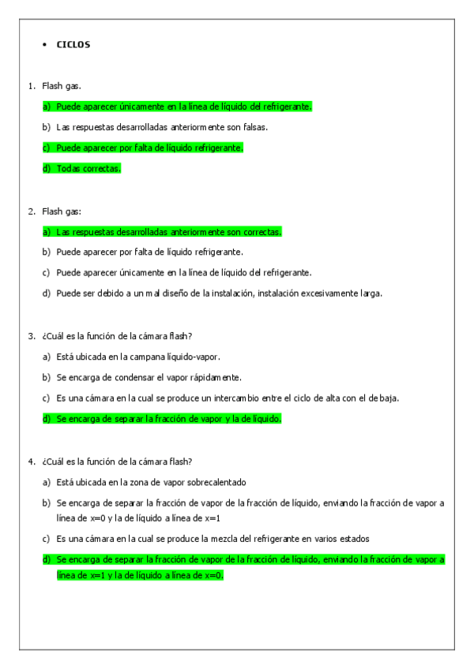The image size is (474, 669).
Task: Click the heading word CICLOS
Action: [73, 44]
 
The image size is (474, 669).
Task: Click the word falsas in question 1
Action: [254, 126]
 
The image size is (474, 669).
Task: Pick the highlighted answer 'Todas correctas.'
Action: [88, 168]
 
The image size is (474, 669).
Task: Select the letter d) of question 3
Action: [47, 418]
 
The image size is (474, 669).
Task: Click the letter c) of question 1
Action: [47, 148]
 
